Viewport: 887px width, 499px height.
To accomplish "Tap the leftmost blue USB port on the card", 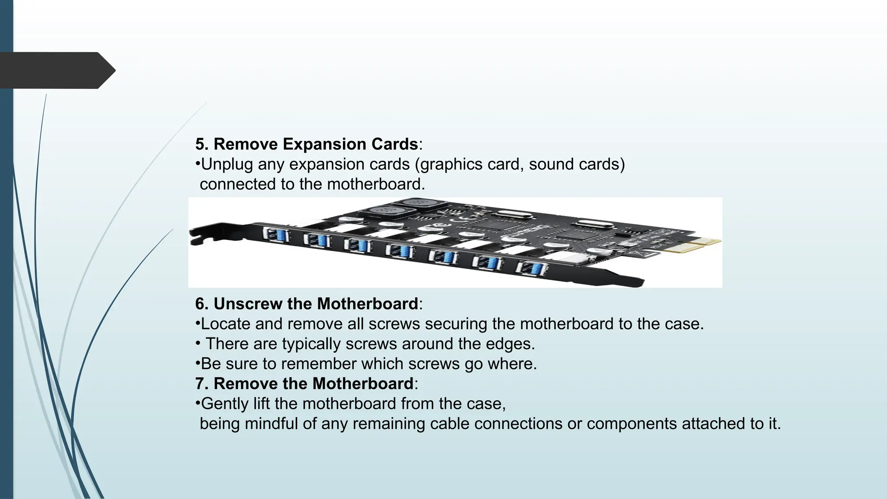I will click(x=277, y=236).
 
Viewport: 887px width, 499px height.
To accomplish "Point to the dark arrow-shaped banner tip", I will click(x=108, y=70).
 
